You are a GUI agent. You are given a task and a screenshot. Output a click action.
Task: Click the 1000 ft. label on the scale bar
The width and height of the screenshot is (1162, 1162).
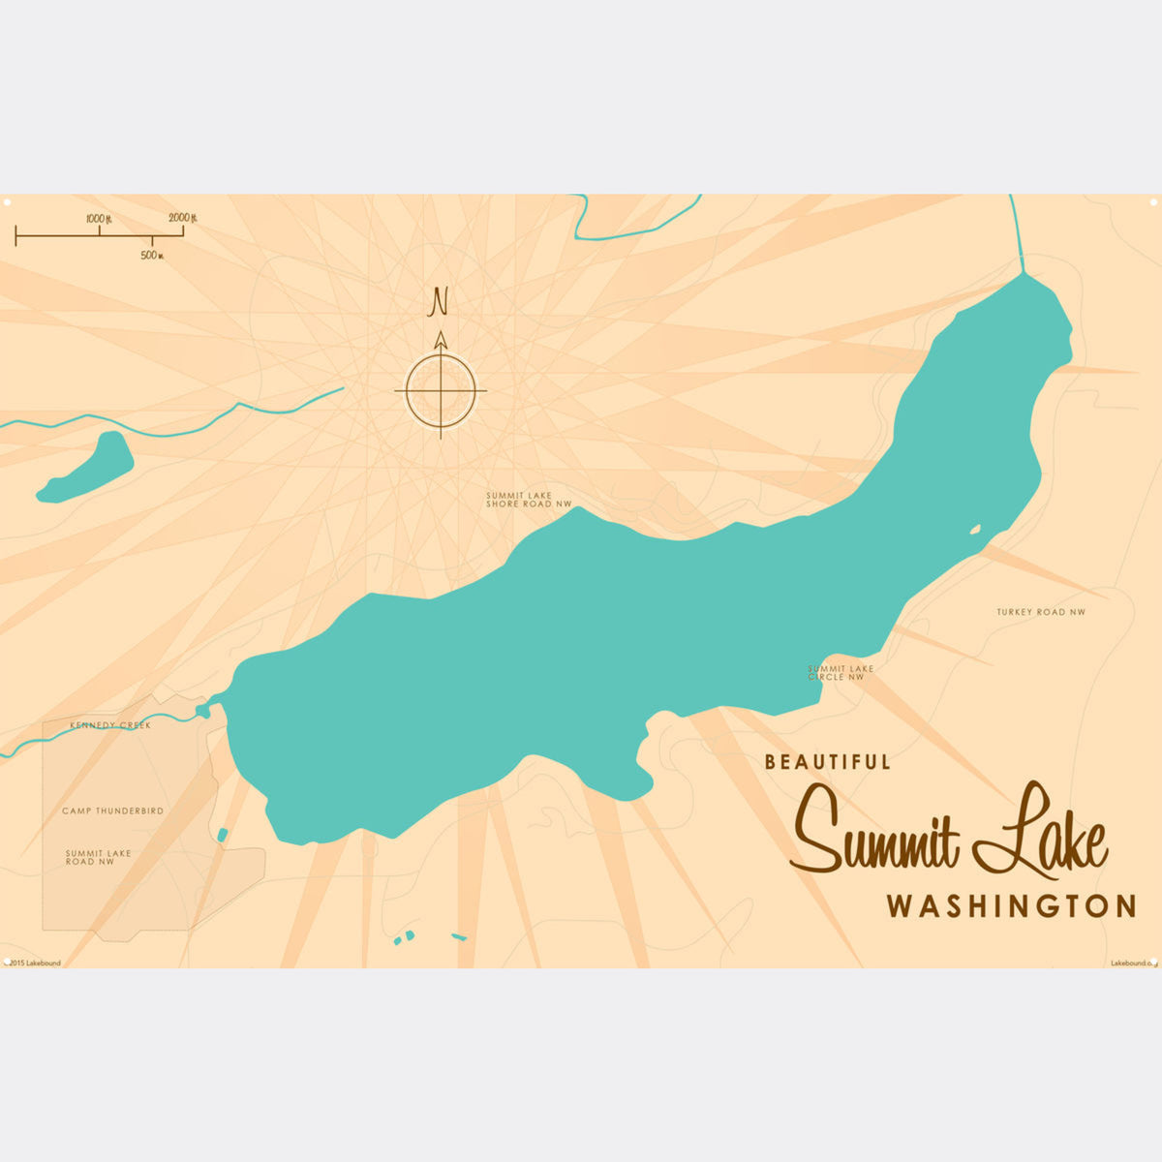click(99, 219)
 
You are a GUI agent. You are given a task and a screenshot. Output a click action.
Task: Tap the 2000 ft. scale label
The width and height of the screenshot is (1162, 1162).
click(182, 218)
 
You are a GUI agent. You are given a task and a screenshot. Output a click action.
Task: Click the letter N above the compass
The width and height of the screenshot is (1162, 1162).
click(440, 302)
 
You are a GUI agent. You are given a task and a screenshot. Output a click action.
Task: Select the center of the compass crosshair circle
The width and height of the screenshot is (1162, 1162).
click(441, 391)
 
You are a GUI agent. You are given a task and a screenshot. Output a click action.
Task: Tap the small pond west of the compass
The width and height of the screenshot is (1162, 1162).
click(89, 470)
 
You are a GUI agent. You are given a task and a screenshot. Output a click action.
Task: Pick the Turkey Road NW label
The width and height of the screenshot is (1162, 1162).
click(1041, 612)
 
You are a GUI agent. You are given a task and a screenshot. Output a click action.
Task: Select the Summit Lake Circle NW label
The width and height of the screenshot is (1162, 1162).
click(840, 672)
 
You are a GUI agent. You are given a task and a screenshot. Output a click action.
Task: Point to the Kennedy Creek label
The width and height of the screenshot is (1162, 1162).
click(109, 725)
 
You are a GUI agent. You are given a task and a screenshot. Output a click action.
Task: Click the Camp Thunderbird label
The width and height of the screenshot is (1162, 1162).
click(112, 810)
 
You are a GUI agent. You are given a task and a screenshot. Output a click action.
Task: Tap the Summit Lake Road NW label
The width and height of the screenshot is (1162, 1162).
click(98, 857)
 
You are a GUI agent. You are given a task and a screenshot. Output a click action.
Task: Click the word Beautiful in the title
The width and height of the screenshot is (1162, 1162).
click(827, 762)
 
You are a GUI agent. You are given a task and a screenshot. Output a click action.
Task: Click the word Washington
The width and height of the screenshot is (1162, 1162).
click(1011, 906)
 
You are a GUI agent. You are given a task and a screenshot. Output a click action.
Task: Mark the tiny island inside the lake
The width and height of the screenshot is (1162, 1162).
click(975, 529)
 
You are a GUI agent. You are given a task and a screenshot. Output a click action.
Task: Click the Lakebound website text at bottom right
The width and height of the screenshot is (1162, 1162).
click(1131, 963)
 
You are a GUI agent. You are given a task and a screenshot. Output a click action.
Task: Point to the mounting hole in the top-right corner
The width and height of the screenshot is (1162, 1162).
click(1153, 201)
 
